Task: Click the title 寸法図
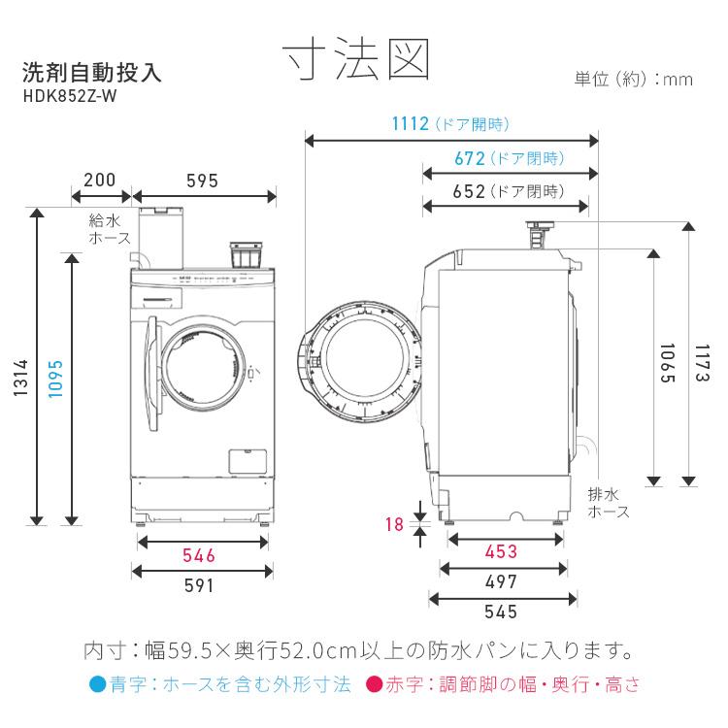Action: tap(357, 60)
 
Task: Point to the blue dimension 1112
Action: tap(411, 123)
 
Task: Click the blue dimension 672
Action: tap(470, 157)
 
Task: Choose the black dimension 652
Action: tap(469, 191)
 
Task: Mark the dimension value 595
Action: tap(203, 181)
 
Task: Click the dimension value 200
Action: tap(100, 181)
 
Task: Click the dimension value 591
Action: tap(199, 585)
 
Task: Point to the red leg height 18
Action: tap(393, 524)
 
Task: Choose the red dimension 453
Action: tap(500, 551)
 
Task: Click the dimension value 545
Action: tap(500, 612)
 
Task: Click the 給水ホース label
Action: tap(104, 228)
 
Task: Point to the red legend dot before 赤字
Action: tap(373, 684)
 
